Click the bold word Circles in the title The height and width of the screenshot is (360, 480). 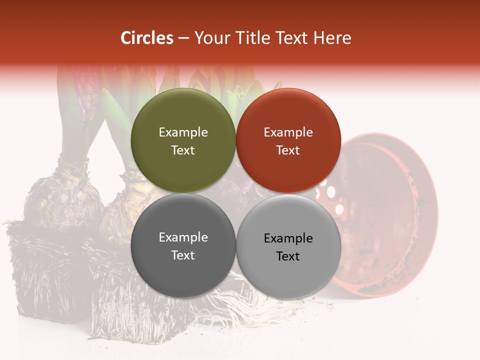click(147, 38)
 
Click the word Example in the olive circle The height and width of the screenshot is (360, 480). click(183, 132)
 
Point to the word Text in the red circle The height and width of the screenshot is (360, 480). click(288, 150)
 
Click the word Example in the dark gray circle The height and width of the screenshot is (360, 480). click(183, 237)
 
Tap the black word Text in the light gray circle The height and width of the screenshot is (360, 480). click(288, 256)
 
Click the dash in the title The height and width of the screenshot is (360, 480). click(183, 38)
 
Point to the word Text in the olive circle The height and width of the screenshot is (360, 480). click(183, 150)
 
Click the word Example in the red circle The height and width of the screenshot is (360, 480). click(288, 132)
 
